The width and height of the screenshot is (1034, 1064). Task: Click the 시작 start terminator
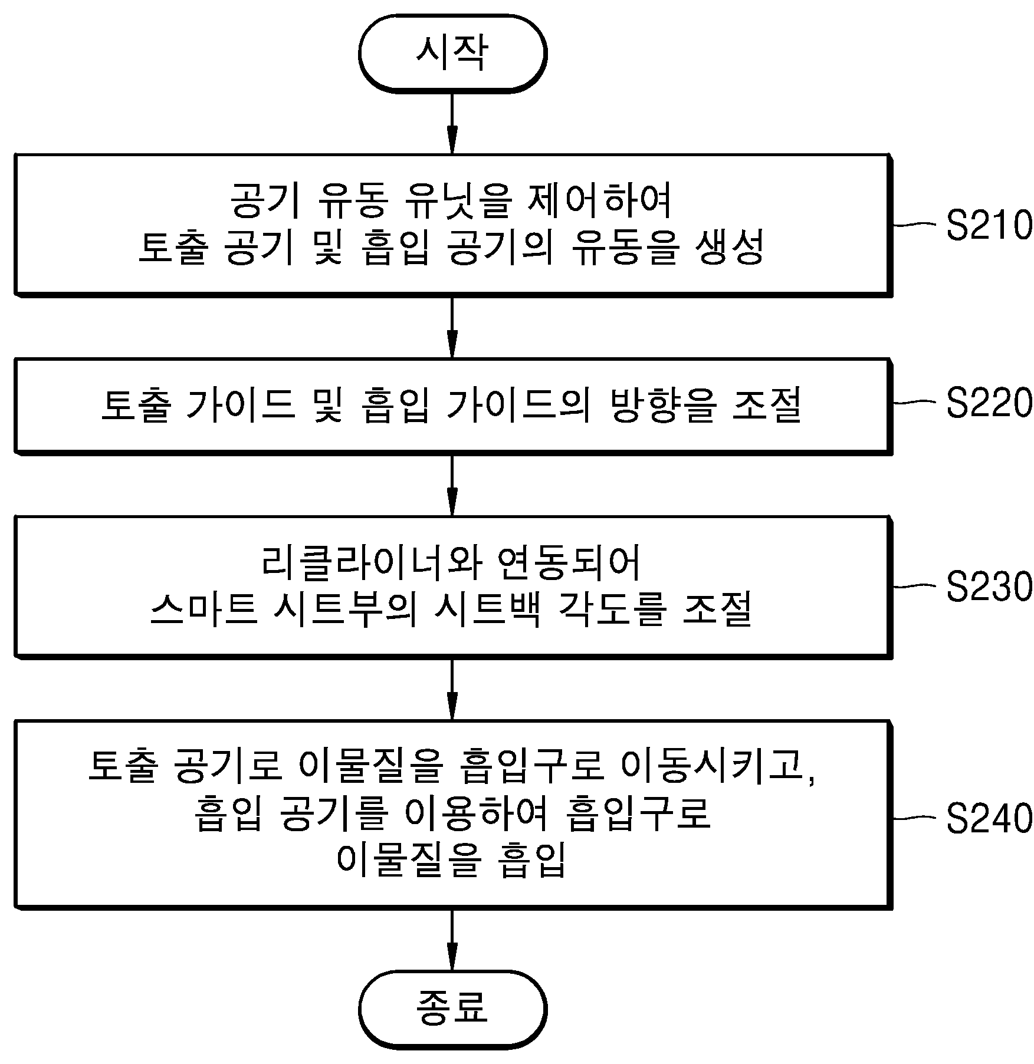(452, 53)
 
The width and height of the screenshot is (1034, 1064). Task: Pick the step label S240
(989, 818)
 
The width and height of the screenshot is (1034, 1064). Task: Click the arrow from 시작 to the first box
(452, 123)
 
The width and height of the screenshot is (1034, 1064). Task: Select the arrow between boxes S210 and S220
(452, 327)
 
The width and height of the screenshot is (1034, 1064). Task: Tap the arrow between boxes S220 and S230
(452, 486)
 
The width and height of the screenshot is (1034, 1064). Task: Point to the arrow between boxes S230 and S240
(452, 689)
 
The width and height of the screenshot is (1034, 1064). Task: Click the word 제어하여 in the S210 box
(598, 201)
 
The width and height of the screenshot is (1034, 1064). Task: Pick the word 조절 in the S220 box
(767, 405)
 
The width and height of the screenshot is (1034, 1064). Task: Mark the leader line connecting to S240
(915, 818)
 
